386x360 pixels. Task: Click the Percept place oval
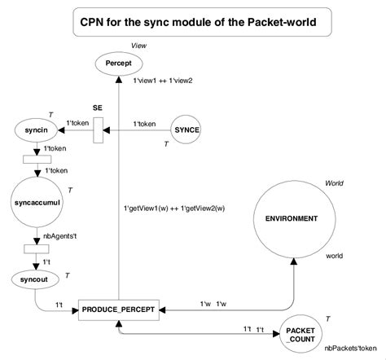pyautogui.click(x=119, y=62)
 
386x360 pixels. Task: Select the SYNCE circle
pyautogui.click(x=191, y=130)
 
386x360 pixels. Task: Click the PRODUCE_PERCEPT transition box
pyautogui.click(x=119, y=310)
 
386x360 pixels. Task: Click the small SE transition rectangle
pyautogui.click(x=98, y=130)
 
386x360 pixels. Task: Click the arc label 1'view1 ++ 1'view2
pyautogui.click(x=163, y=80)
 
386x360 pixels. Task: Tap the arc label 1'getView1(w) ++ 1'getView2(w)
pyautogui.click(x=173, y=208)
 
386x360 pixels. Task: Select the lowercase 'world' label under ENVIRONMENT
pyautogui.click(x=334, y=255)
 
